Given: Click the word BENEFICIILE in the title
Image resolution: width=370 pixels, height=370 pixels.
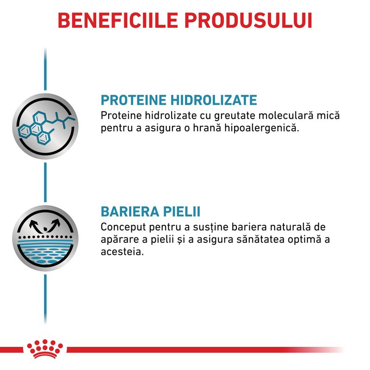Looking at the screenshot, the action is [x=118, y=20].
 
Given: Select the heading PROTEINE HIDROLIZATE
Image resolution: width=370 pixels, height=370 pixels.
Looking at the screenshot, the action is [x=179, y=100].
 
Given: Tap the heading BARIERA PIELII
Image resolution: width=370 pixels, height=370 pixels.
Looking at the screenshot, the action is [x=151, y=211].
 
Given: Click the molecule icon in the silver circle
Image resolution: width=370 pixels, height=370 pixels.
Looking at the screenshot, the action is [x=45, y=126].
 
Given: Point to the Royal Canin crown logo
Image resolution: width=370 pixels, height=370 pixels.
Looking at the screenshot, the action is [x=45, y=349].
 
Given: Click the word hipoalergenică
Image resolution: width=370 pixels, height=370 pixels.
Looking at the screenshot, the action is [x=261, y=128].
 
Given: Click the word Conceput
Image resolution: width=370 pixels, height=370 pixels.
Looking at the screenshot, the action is [x=123, y=228].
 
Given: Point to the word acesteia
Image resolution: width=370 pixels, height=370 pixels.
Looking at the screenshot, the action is [x=122, y=252].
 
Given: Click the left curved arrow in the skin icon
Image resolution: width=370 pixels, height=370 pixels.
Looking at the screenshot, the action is [x=34, y=225].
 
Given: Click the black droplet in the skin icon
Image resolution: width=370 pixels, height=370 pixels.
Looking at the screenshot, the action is [x=45, y=228].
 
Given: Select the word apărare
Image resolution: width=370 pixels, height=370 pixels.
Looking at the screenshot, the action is [x=120, y=240].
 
